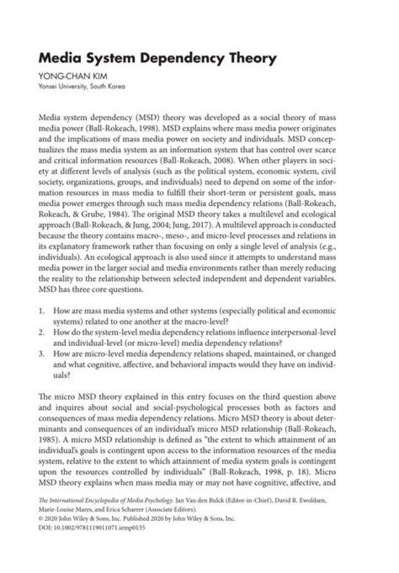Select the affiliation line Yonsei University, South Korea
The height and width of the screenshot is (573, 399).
point(82,86)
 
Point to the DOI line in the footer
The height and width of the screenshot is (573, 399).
point(91,529)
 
